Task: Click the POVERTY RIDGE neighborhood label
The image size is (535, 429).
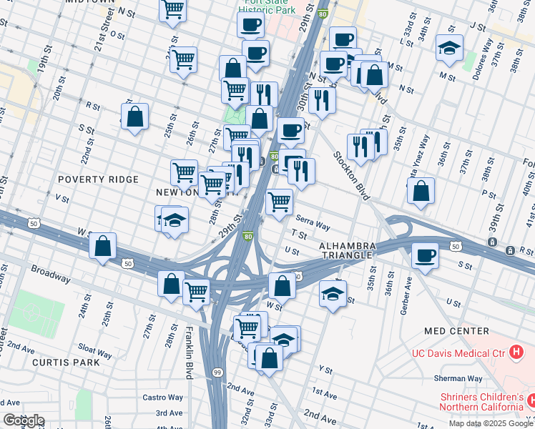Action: point(98,179)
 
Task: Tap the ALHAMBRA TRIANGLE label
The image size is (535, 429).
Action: point(346,250)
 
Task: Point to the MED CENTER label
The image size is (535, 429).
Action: point(456,331)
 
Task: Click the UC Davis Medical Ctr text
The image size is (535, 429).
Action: point(458,352)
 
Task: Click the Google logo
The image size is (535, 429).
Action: point(23,420)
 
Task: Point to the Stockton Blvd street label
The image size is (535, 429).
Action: point(348,175)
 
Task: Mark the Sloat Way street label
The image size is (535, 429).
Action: point(95,353)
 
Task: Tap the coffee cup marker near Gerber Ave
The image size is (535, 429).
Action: point(426,256)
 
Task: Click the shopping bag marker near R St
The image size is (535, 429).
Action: point(134,117)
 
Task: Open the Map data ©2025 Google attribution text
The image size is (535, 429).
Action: point(491,423)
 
